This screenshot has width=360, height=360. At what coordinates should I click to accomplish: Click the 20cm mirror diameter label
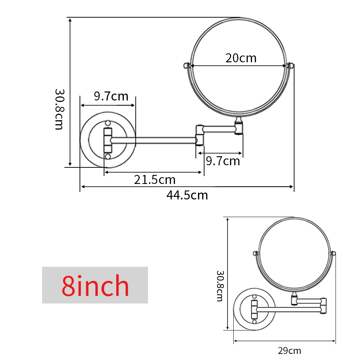pyautogui.click(x=241, y=58)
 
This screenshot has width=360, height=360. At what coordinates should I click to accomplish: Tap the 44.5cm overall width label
pyautogui.click(x=187, y=195)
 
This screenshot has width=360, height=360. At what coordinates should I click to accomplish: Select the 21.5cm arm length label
pyautogui.click(x=155, y=180)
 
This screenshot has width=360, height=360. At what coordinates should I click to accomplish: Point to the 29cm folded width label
pyautogui.click(x=289, y=351)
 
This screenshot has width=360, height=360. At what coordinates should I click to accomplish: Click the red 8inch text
pyautogui.click(x=95, y=286)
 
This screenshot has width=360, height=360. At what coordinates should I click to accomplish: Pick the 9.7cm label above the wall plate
pyautogui.click(x=111, y=96)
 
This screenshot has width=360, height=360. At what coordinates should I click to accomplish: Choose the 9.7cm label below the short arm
pyautogui.click(x=223, y=161)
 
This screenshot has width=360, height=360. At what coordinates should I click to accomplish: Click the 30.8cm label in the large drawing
pyautogui.click(x=59, y=109)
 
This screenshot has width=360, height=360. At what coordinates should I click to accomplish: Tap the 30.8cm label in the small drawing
pyautogui.click(x=220, y=286)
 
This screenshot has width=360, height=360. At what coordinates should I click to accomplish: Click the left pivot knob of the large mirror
pyautogui.click(x=186, y=66)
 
